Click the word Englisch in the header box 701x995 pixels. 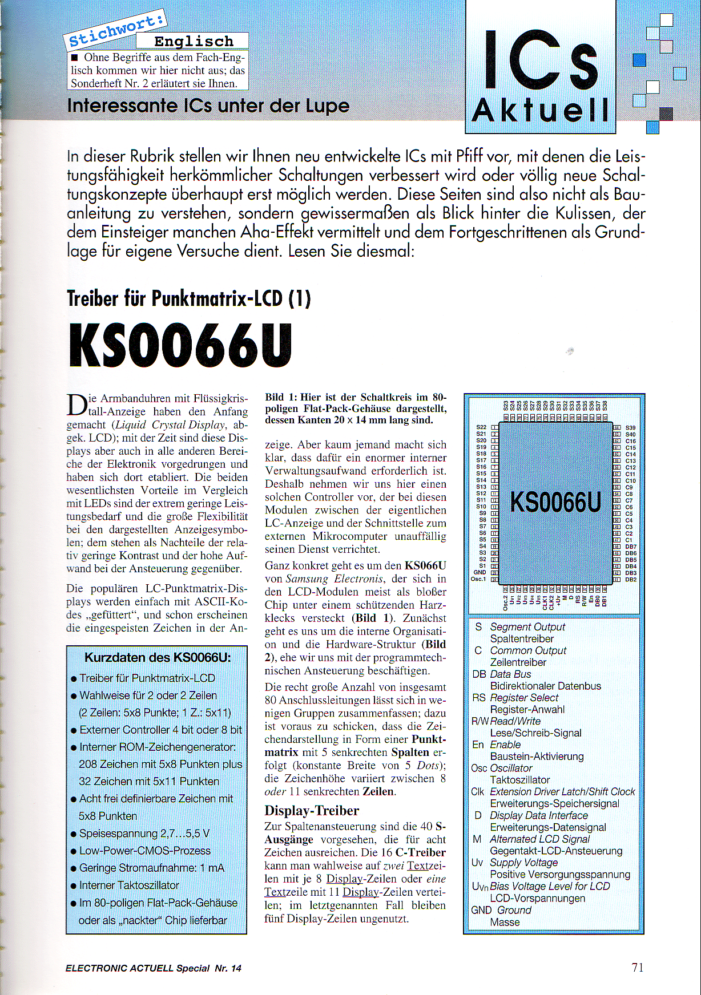tap(194, 41)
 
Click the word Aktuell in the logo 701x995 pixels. tap(540, 110)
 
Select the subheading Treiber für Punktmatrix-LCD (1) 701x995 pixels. tap(188, 298)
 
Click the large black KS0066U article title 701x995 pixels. tap(180, 346)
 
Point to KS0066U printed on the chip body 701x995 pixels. tap(555, 503)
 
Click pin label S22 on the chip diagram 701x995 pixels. tap(481, 427)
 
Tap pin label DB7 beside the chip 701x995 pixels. tap(631, 547)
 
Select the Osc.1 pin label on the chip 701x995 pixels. tap(478, 579)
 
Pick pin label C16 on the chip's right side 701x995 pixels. tap(630, 441)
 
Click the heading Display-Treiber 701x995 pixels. tap(312, 811)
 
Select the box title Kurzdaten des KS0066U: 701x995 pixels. tap(158, 657)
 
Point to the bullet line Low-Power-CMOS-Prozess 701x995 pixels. tap(144, 850)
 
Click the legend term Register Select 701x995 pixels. tap(524, 698)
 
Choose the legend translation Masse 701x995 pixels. tap(505, 922)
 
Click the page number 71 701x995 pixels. tap(638, 967)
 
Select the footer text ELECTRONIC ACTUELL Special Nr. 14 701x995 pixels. tap(154, 968)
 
